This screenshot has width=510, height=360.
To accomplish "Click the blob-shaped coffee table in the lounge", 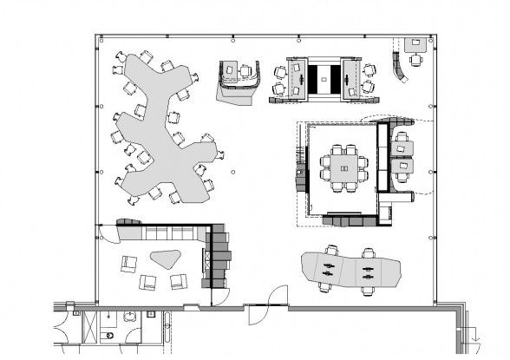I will [164, 259].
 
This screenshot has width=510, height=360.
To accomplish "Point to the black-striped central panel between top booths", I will [325, 78].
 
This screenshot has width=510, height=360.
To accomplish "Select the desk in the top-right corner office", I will [415, 43].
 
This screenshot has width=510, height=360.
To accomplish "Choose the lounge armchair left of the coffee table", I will [128, 264].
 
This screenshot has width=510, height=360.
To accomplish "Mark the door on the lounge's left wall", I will [104, 232].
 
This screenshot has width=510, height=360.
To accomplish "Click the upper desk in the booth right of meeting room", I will [402, 147].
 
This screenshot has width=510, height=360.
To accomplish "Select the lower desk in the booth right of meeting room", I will [402, 166].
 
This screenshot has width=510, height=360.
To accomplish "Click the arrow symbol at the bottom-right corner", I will [474, 334].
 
